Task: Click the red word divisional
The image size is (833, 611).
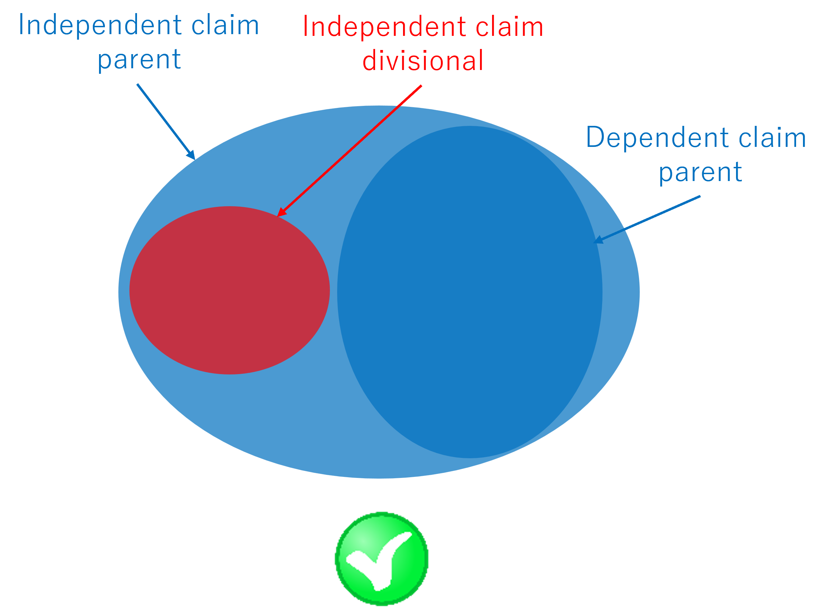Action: coord(423,60)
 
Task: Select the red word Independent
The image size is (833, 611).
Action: coord(384,27)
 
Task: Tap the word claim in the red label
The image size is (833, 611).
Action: coord(509,26)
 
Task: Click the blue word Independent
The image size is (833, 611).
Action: coord(100,25)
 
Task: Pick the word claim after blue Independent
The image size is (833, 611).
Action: coord(225,24)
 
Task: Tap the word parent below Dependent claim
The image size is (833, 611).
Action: coord(700,173)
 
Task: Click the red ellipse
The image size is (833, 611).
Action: coord(229,290)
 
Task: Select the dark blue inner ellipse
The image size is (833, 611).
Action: coord(470,292)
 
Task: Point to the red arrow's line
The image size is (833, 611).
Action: coord(349,151)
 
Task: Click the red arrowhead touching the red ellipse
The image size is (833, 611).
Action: coord(281,212)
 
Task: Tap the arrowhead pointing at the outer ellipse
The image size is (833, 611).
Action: coord(191,155)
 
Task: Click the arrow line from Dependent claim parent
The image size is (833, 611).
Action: coord(647,219)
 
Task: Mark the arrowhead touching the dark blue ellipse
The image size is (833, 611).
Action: coord(598,240)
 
